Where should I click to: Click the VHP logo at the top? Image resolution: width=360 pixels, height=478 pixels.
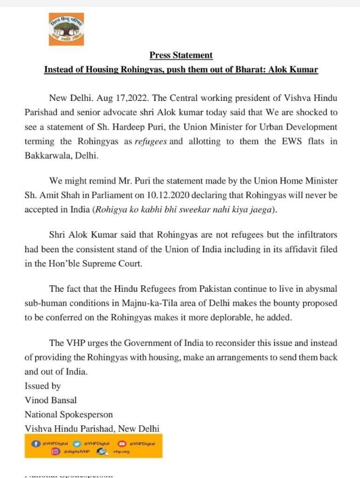(x=66, y=28)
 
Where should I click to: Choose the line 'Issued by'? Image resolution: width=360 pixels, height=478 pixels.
(x=42, y=386)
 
